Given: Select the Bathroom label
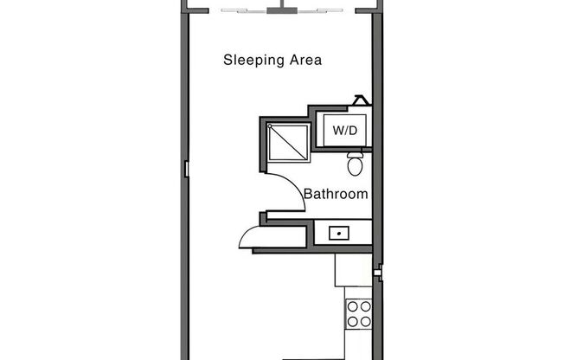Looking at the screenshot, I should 335,195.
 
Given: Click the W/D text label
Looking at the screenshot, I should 343,132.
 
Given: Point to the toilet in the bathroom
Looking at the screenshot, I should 355,164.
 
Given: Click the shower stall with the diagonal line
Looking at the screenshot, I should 288,141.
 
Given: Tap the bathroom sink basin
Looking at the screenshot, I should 337,232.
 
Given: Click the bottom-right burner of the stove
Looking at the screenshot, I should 365,322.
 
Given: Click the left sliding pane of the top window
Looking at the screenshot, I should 246,11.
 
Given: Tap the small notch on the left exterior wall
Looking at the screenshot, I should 185,170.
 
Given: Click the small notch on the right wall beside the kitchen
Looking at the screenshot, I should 378,274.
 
